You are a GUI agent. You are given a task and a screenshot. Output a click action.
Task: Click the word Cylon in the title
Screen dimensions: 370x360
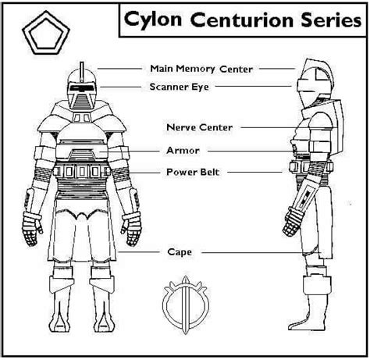153,20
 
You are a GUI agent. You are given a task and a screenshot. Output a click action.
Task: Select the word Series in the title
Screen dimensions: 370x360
331,20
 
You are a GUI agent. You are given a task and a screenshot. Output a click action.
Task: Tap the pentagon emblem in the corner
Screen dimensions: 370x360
46,33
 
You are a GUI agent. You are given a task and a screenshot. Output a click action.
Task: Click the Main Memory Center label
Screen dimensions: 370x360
201,69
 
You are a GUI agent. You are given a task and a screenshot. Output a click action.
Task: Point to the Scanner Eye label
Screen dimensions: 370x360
179,87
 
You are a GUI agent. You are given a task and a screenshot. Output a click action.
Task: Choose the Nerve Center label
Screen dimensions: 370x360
199,127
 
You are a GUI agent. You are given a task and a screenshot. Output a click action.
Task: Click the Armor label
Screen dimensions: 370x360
183,150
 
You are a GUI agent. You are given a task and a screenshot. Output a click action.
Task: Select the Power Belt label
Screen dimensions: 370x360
193,172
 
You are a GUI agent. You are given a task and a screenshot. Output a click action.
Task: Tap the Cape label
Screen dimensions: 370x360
180,251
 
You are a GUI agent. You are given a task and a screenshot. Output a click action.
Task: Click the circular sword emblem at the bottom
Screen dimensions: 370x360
185,305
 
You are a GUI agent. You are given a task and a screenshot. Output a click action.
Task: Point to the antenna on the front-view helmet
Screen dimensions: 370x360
82,73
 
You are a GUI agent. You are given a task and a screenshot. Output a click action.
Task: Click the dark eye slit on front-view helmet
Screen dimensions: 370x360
81,87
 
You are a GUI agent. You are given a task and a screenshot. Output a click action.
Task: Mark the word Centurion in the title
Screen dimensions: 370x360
241,20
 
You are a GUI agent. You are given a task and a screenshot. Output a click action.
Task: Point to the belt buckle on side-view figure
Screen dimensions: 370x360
295,167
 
